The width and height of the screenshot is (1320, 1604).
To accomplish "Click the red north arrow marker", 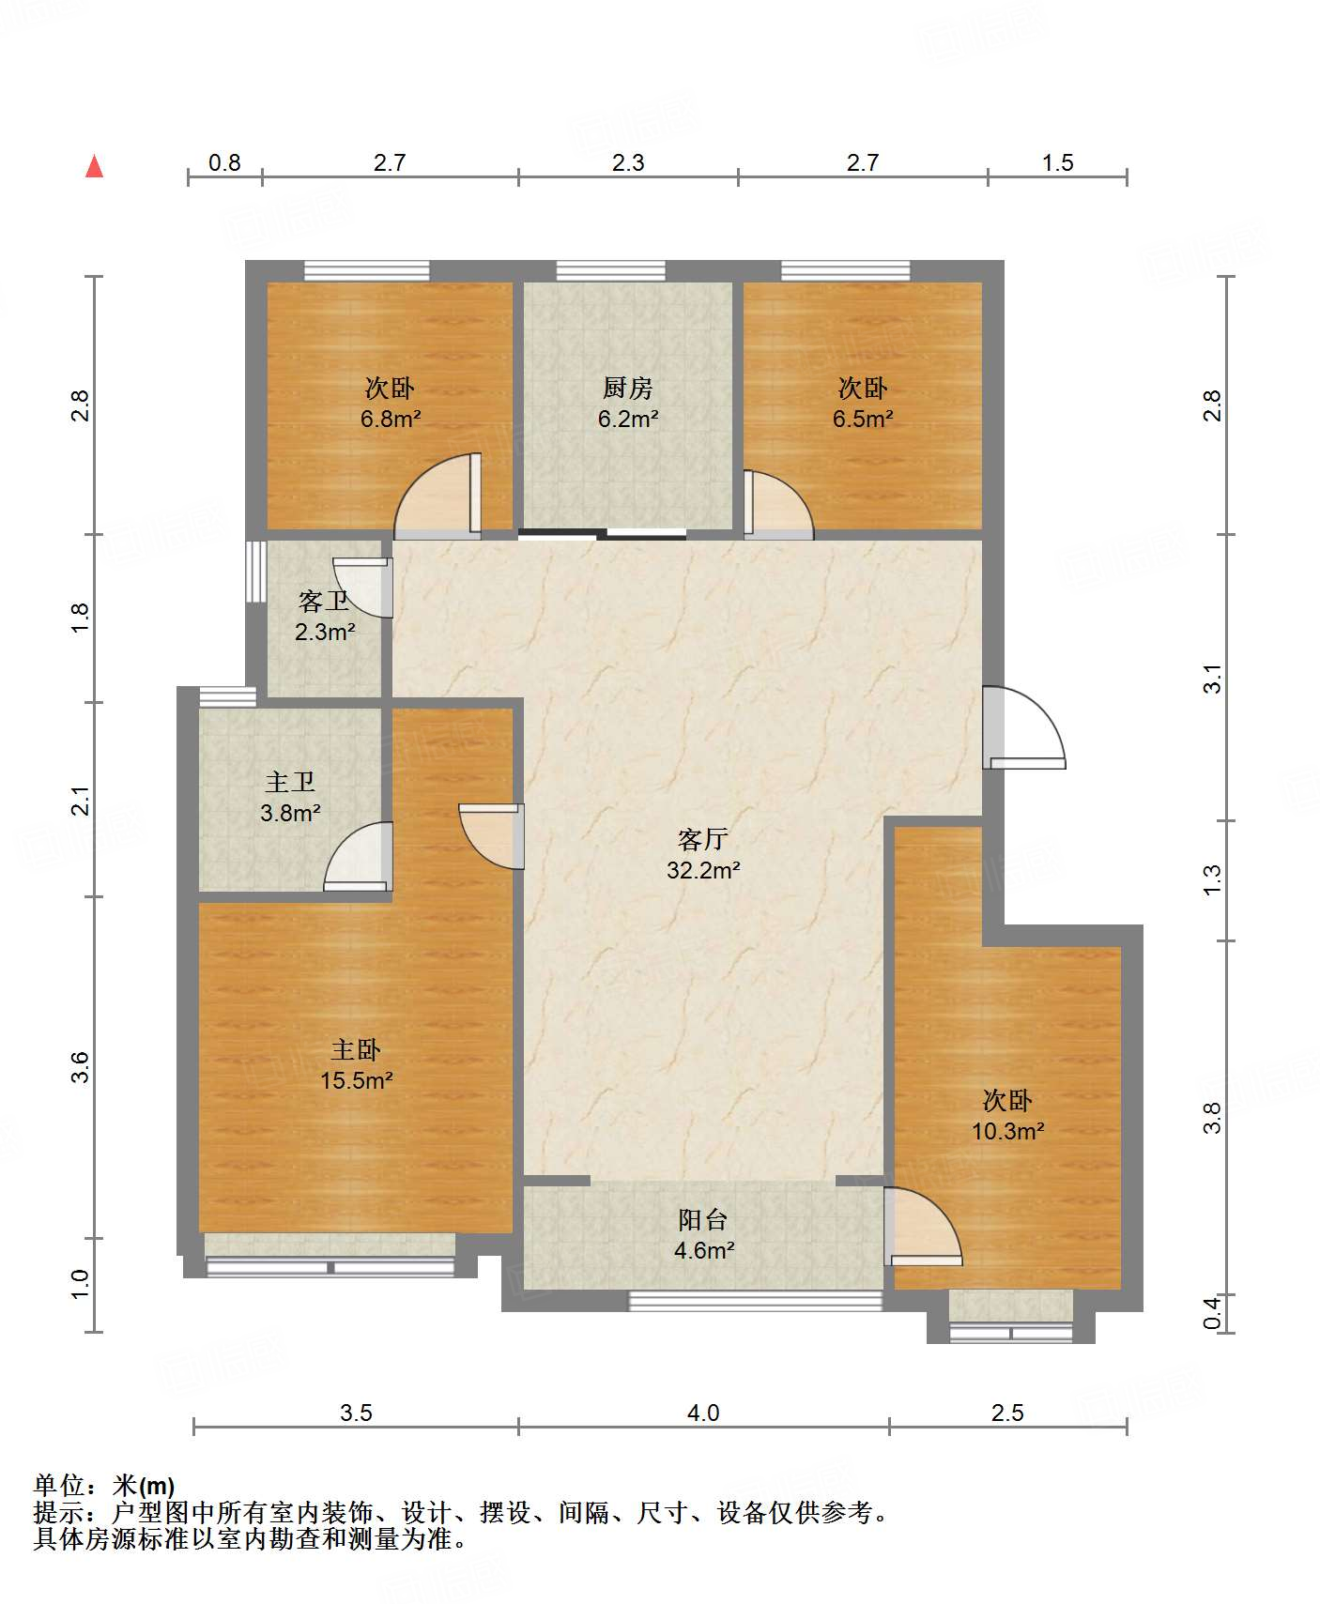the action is point(94,166).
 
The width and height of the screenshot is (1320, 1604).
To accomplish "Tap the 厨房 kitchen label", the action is point(627,388).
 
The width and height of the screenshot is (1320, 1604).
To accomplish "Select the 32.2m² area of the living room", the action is point(703,870).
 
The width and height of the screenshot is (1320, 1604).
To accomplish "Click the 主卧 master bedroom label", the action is point(356,1049).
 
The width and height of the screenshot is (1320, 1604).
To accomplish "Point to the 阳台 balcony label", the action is point(703,1219).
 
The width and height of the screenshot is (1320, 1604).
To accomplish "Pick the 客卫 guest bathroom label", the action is point(324,601).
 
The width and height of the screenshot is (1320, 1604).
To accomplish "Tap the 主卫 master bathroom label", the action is point(290,782).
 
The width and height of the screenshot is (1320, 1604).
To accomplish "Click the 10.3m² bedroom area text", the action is point(1007,1131).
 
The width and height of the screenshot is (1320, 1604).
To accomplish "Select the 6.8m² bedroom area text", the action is point(390,419).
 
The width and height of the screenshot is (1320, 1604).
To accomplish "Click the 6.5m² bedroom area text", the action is point(862,419).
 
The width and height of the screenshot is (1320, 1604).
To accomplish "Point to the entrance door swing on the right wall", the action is point(1024,728).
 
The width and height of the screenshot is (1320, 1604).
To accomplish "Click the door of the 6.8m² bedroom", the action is point(437,496).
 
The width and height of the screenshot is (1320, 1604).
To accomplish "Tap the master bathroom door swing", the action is point(358,856).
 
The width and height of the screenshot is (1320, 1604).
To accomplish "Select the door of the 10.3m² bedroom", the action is point(923,1226).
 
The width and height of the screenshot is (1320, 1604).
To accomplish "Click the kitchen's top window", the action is point(611,271).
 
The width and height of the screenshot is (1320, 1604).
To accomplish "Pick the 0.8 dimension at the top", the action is point(224,163).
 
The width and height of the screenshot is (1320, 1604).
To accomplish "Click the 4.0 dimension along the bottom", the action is point(703,1413).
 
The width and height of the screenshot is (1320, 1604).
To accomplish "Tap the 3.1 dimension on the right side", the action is point(1213,678).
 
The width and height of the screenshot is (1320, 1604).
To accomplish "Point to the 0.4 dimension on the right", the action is point(1213,1311).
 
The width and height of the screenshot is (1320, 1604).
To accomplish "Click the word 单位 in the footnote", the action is point(59,1486).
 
